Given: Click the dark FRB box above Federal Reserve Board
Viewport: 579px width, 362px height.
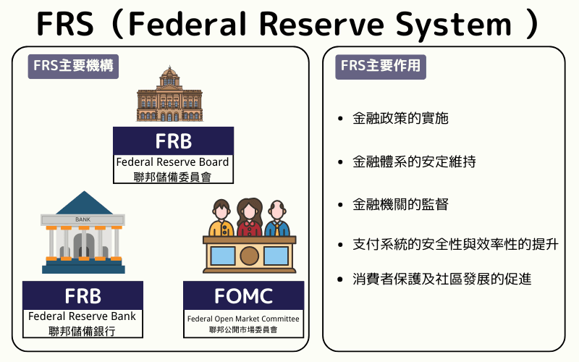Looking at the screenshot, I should [173, 140].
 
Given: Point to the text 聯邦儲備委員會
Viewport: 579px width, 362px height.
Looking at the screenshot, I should [173, 176].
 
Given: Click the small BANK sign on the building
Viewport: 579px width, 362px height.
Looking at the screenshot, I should [83, 219].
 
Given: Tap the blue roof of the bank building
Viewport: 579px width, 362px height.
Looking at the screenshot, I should [83, 204].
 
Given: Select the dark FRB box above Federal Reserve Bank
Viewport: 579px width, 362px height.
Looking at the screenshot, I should [83, 295].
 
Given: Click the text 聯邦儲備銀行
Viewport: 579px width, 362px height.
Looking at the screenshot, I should [83, 332].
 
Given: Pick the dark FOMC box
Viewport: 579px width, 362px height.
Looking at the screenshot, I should [243, 295].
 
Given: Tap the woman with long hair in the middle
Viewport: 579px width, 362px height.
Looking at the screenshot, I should [249, 218].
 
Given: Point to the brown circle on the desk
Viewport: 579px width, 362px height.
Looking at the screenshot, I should [249, 256].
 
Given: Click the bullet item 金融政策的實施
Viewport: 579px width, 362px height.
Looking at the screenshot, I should [400, 118].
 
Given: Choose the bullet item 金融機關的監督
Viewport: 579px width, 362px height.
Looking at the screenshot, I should [400, 204].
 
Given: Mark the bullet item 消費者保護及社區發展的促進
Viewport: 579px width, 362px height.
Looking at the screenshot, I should [441, 279].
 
